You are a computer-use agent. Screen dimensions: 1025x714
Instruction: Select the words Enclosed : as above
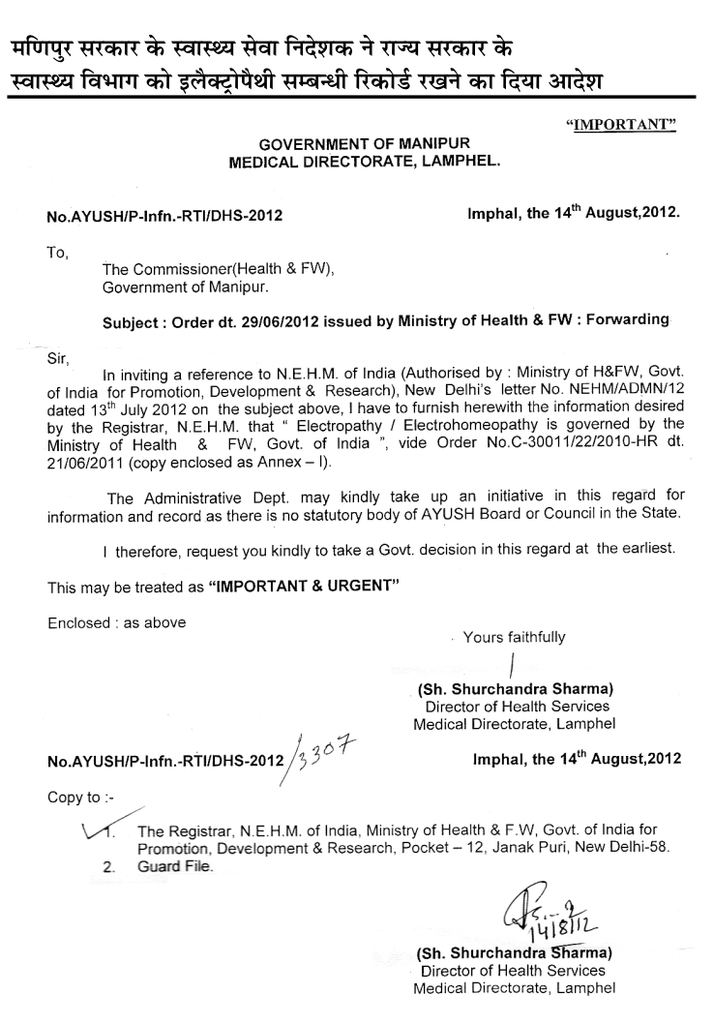116,622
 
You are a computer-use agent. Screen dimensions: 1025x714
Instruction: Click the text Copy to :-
80,799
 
